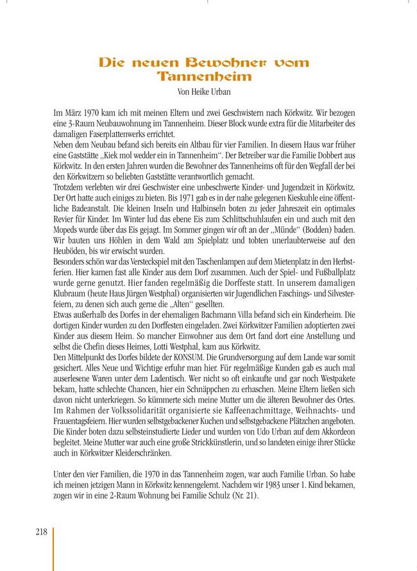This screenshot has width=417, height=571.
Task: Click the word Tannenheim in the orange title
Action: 204,77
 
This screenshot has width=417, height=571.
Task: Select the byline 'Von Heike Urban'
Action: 204,91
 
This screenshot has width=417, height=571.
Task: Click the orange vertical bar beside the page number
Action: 53,548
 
